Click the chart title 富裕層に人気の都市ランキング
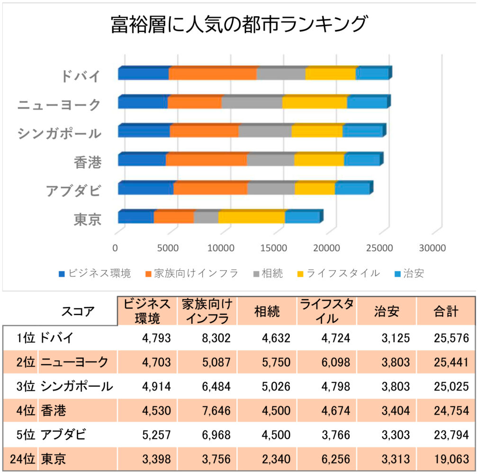point(239,24)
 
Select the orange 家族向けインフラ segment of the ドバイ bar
point(213,74)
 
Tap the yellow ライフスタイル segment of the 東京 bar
point(251,217)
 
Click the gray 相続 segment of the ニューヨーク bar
point(252,102)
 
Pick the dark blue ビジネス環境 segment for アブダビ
point(145,188)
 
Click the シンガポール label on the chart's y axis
point(59,133)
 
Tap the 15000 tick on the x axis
point(273,247)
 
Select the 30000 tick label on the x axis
point(432,247)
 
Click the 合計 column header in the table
point(446,311)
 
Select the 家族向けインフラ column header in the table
point(207,311)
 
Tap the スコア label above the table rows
point(78,311)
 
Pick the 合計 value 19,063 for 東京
point(451,459)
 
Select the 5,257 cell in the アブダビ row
point(156,434)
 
